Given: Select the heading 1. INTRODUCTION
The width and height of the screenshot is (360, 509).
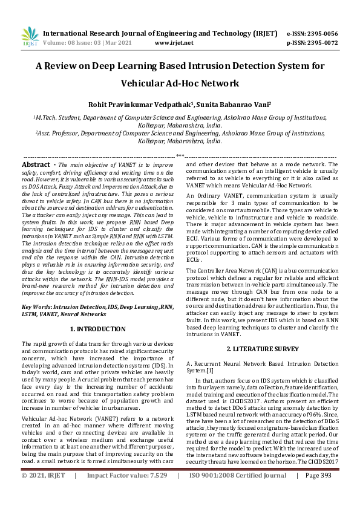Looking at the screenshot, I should tap(99, 329).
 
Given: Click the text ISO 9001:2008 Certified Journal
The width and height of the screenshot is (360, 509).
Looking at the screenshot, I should tap(239, 493).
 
